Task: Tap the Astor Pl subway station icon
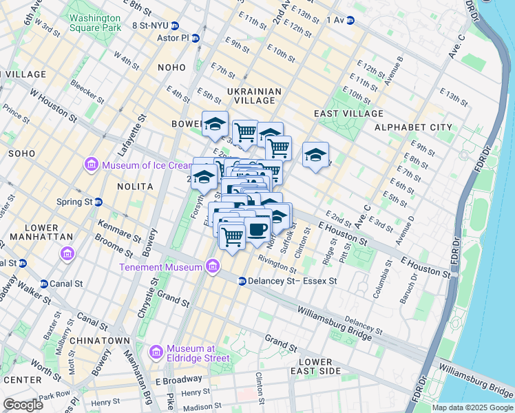point(196,39)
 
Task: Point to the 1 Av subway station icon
point(350,21)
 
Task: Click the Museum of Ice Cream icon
point(92,165)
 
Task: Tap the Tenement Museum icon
point(213,266)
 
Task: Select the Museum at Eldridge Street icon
point(156,352)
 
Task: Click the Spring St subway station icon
point(98,202)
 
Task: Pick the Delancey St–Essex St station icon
point(242,281)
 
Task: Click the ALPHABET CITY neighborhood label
point(413,127)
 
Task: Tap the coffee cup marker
point(258,230)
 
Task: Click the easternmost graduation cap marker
point(315,154)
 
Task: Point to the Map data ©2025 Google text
point(472,407)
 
